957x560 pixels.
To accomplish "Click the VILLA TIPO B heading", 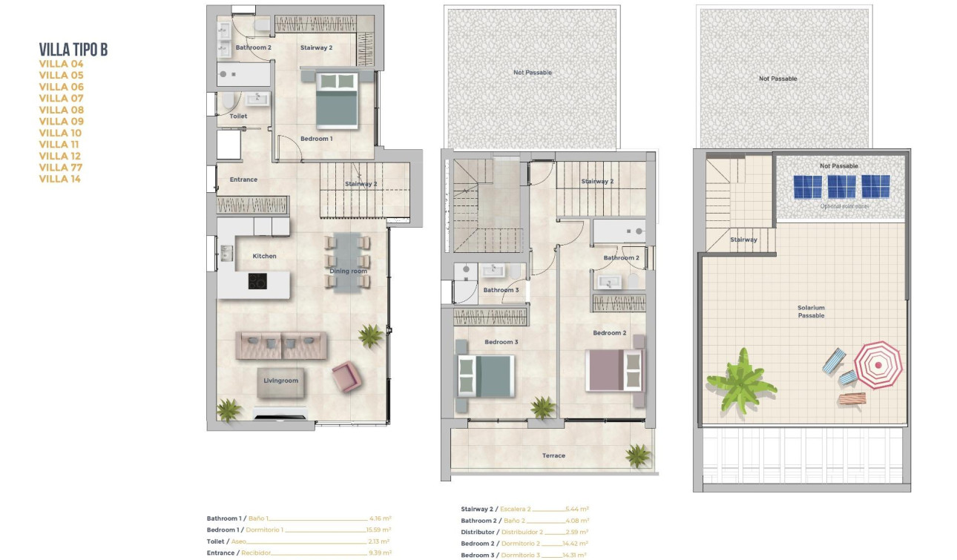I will tap(73, 50).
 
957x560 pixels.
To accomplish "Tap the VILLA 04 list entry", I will tap(61, 64).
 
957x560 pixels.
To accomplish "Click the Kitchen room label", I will tap(264, 256).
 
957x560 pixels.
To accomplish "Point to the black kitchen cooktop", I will tap(257, 281).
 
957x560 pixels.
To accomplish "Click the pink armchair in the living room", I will tap(346, 377).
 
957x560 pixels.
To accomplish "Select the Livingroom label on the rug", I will tap(281, 381).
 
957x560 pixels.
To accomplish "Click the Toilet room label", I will tap(238, 116).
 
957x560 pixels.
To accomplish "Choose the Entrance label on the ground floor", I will tap(243, 179).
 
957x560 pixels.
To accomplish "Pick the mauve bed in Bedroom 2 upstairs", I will tap(615, 370).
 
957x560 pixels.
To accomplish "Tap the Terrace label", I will tap(553, 455).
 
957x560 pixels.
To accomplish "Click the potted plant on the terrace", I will tap(637, 455).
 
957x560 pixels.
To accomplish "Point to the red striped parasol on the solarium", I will tap(878, 365).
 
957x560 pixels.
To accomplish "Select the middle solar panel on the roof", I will tap(841, 186).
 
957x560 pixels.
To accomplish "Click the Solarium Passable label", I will tap(811, 312).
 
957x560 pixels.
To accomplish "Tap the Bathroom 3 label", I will tap(501, 290).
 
